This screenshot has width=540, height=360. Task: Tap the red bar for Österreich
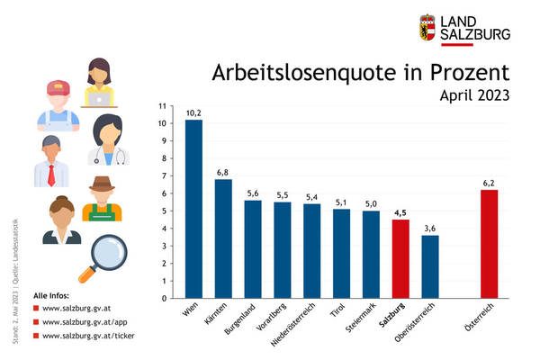coord(489,243)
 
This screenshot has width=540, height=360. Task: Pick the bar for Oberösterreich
coord(430,266)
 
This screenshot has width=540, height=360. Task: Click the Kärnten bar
coord(223,238)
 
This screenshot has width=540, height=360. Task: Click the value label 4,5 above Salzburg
coord(400,212)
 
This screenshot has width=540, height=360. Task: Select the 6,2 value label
coord(489,183)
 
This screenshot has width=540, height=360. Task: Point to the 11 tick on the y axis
coord(162,106)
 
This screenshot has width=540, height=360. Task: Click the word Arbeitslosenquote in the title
coord(297,73)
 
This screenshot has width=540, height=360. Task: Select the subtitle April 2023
coord(475,94)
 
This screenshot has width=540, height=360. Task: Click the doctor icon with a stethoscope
coord(108,140)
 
